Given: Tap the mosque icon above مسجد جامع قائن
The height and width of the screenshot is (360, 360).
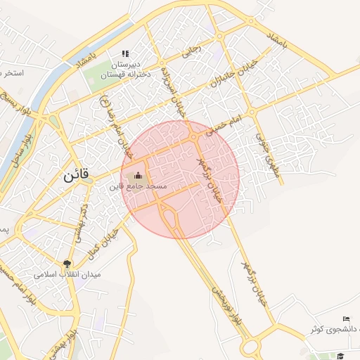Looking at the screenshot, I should coord(137,175).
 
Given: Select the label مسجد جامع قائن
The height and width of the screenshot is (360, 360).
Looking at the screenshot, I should coord(137,186).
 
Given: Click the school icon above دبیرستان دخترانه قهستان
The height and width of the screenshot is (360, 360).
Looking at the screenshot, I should coord(126,53).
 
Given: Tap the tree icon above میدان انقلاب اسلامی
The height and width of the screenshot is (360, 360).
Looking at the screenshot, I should coord(67,264).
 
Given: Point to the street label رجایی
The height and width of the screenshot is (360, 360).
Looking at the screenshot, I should coord(191,50).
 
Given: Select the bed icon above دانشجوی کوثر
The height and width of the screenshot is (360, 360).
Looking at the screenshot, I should coord(345,319).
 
